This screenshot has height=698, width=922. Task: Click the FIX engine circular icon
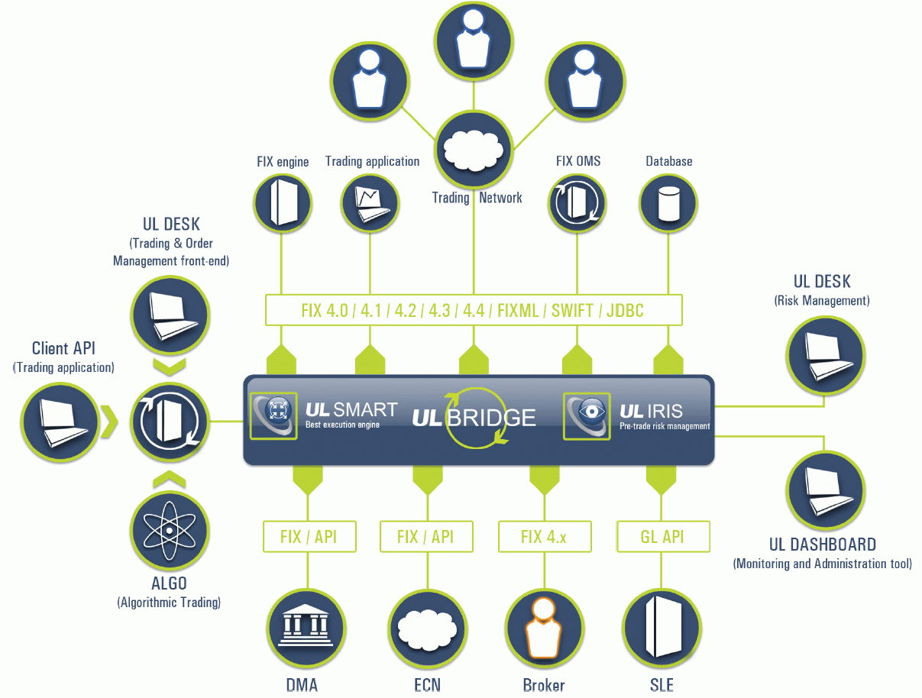pos(283,202)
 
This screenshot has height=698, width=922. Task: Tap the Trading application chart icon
pos(370,202)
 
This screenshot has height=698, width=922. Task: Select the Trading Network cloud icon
pos(474,148)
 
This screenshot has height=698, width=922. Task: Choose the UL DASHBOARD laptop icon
pos(825,490)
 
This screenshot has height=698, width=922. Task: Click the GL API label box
pos(663,537)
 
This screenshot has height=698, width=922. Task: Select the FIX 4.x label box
pos(544,537)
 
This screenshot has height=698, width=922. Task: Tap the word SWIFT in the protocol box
pos(570,310)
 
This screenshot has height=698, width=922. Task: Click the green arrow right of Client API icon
pos(111,418)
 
